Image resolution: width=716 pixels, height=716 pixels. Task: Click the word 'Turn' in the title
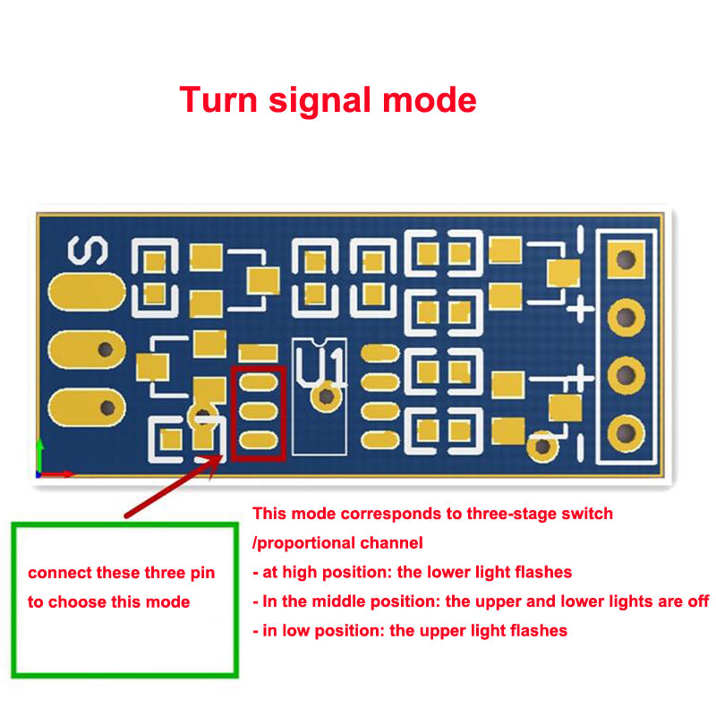(218, 99)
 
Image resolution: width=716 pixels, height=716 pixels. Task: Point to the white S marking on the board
(88, 251)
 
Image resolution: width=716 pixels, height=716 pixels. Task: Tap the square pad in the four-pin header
(626, 260)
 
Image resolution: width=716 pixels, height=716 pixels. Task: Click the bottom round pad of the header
(626, 433)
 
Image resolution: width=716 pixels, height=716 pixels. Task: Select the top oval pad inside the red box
(259, 382)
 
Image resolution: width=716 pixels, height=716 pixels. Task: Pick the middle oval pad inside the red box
(259, 411)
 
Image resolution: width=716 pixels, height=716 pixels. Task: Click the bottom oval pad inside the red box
(259, 440)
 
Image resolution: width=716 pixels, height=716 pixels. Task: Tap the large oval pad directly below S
(87, 293)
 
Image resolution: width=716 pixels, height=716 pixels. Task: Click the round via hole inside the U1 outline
(326, 396)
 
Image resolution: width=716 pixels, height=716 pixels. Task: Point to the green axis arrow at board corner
(39, 456)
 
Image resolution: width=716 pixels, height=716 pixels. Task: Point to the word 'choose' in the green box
(77, 601)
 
